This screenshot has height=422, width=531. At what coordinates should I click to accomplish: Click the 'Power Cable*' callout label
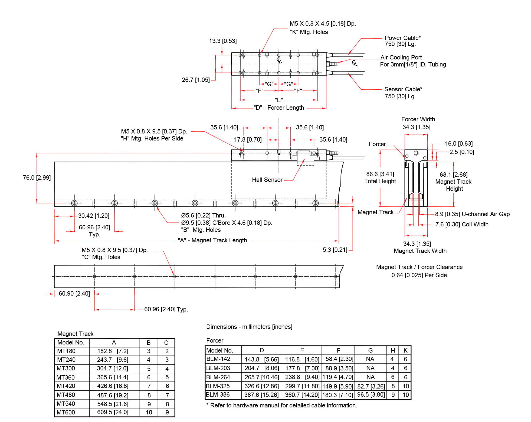coord(402,38)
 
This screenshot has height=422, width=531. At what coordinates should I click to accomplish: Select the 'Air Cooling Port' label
coord(401,57)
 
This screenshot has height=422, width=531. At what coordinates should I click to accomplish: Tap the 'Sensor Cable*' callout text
coord(403,89)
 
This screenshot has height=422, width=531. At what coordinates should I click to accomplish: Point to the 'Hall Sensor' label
coord(267,180)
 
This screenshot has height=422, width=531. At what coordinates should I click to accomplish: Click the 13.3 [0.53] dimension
coord(223,41)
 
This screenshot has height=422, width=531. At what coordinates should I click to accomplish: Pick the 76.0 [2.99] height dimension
coord(37,178)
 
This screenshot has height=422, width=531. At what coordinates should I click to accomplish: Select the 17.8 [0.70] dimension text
coord(248,140)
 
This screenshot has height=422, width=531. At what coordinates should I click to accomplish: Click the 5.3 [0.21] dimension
coord(335,250)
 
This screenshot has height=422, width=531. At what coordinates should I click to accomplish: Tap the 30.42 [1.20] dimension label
coord(94,216)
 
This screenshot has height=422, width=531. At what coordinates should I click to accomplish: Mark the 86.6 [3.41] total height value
coord(380,174)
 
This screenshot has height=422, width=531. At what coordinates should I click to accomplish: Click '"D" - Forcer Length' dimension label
coord(279,108)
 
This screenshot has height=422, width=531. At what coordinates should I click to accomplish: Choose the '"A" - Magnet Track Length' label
coord(212,240)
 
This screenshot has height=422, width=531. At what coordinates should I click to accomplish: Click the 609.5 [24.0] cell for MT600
coord(113,412)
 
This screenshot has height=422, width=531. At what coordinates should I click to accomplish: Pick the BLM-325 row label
coord(218,386)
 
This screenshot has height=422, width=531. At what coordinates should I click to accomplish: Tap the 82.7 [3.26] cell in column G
coord(371,386)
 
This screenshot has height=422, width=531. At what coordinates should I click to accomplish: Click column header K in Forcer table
coord(405,350)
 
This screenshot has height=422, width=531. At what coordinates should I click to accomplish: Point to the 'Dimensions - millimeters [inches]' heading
coord(249,327)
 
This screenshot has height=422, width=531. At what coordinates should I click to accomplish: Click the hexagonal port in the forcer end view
coord(416,153)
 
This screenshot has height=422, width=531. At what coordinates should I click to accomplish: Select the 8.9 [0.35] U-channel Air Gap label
coord(472,214)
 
